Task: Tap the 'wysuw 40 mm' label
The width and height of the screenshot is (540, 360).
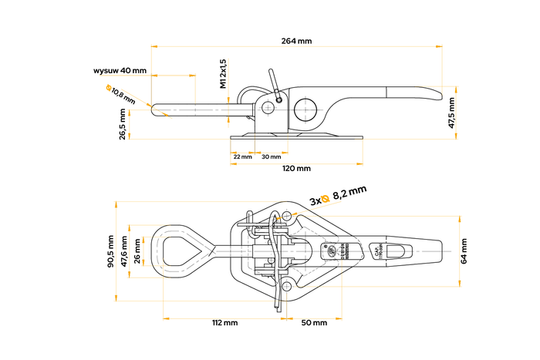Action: click(x=120, y=70)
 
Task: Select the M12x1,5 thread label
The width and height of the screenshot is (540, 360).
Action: click(x=222, y=74)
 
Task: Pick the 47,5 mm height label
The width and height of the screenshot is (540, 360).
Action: click(x=451, y=114)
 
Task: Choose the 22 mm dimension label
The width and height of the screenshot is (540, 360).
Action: click(x=241, y=156)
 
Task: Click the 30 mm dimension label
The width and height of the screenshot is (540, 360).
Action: click(x=271, y=156)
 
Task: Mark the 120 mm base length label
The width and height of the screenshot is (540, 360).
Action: click(x=296, y=168)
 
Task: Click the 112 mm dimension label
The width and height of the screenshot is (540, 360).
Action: click(x=224, y=321)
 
